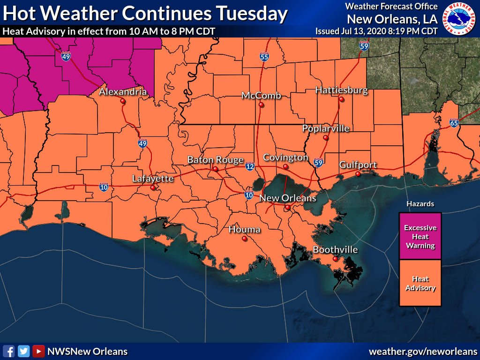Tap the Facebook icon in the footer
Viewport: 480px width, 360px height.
(x=8, y=351)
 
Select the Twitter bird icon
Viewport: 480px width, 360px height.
(x=23, y=351)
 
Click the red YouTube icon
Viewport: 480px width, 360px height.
(x=38, y=351)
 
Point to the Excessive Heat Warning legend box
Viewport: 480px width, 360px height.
(x=420, y=236)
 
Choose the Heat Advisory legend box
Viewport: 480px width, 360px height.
(x=420, y=283)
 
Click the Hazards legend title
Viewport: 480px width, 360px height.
(x=420, y=204)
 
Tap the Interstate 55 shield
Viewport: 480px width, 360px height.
(x=264, y=57)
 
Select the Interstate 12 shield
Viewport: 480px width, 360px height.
(x=250, y=166)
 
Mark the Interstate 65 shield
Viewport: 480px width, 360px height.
(x=453, y=123)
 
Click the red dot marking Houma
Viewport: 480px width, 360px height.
(x=244, y=239)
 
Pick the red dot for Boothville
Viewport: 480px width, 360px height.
(x=335, y=259)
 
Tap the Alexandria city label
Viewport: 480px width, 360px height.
(x=123, y=92)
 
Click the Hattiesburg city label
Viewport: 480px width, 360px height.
(x=341, y=90)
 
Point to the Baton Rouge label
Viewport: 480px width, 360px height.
(x=215, y=160)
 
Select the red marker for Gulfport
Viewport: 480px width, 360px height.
(x=358, y=174)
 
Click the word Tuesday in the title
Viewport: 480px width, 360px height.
(x=251, y=14)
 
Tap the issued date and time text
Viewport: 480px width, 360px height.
(x=376, y=31)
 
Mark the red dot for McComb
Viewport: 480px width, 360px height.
(x=261, y=105)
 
